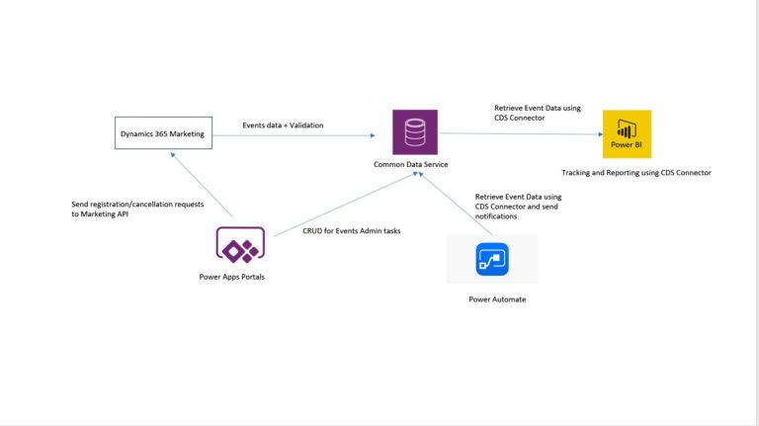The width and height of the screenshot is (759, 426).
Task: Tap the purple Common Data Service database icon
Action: pos(415,132)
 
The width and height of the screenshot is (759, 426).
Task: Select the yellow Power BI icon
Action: pos(628,133)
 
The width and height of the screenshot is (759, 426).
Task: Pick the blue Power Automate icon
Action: pos(491,259)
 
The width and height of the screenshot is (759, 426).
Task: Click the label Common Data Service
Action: pos(410,165)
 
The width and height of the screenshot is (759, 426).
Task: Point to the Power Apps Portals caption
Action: pos(231,277)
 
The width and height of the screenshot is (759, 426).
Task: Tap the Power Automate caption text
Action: pos(497,298)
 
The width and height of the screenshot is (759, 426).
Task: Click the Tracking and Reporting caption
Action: pos(635,173)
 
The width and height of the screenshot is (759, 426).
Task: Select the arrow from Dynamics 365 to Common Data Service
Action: pos(296,134)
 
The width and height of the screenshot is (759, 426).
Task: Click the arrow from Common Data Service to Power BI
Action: pos(519,133)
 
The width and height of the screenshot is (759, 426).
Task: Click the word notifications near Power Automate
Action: pos(497,215)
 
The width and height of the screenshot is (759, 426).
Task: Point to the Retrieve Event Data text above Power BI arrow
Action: pos(534,109)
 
